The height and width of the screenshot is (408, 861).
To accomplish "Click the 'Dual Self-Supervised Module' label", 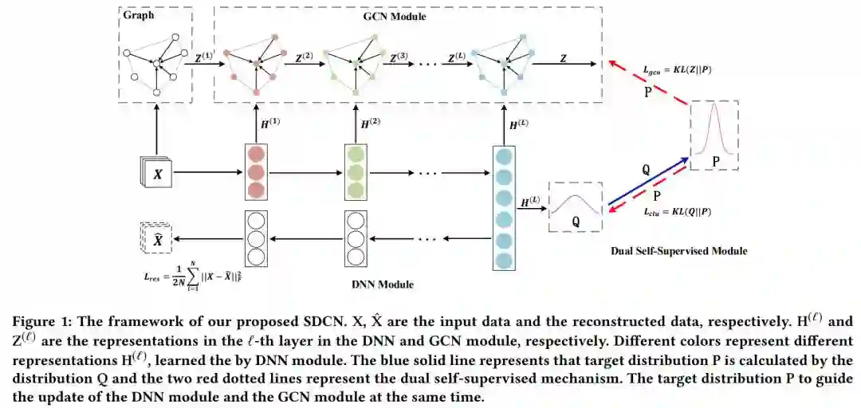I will coord(679,252).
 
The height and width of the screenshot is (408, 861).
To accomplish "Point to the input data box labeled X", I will coord(158,174).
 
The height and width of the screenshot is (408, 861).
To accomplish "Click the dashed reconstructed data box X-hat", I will coord(158,240).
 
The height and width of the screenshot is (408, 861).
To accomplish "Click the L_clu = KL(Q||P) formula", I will coord(677,214).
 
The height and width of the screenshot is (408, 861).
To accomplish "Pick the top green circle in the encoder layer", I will coord(356,155).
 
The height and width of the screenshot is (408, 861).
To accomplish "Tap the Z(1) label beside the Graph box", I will coord(205,57).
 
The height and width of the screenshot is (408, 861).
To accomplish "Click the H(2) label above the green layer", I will coord(370,124).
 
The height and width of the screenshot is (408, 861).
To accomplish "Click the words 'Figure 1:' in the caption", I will coord(39,322).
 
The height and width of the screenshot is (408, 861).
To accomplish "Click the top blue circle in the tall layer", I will coord(504,156).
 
